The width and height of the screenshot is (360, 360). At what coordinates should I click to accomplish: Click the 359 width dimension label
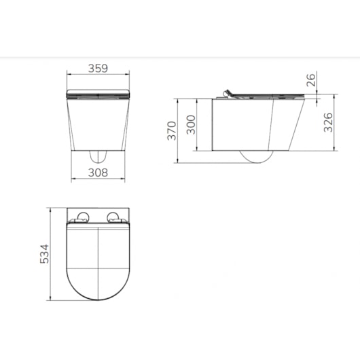click(99, 69)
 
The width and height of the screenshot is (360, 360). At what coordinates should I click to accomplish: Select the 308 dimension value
click(99, 173)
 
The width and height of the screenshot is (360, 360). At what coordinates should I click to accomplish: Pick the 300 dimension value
click(192, 124)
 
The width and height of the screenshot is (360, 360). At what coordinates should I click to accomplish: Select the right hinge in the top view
click(114, 218)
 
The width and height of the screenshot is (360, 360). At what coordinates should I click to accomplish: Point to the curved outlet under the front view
click(99, 154)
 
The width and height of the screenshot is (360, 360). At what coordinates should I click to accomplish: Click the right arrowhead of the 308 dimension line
click(126, 179)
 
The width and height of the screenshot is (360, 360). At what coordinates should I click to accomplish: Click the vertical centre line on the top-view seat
click(99, 265)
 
